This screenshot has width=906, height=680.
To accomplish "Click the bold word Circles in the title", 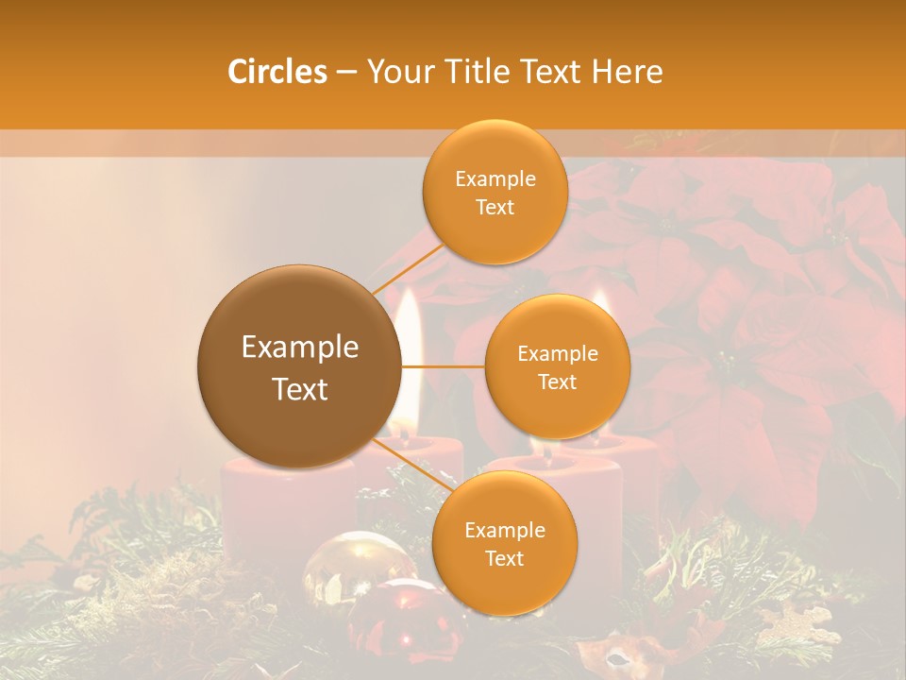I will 277,72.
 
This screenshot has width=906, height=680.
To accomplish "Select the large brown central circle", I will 299,366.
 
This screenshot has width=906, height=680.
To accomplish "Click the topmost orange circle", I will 495,192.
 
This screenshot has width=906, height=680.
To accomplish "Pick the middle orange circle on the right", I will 557,366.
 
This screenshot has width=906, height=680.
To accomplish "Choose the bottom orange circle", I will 504,543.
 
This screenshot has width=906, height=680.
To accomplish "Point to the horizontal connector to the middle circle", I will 444,366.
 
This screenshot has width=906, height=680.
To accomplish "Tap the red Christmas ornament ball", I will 401,614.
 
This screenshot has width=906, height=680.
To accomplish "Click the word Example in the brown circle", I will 299,348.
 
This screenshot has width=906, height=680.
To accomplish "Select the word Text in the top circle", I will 495,207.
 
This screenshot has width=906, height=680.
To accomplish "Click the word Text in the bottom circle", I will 504,558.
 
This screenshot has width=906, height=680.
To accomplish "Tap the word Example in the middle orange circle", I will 557,353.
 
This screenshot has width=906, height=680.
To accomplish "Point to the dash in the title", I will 346,73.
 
